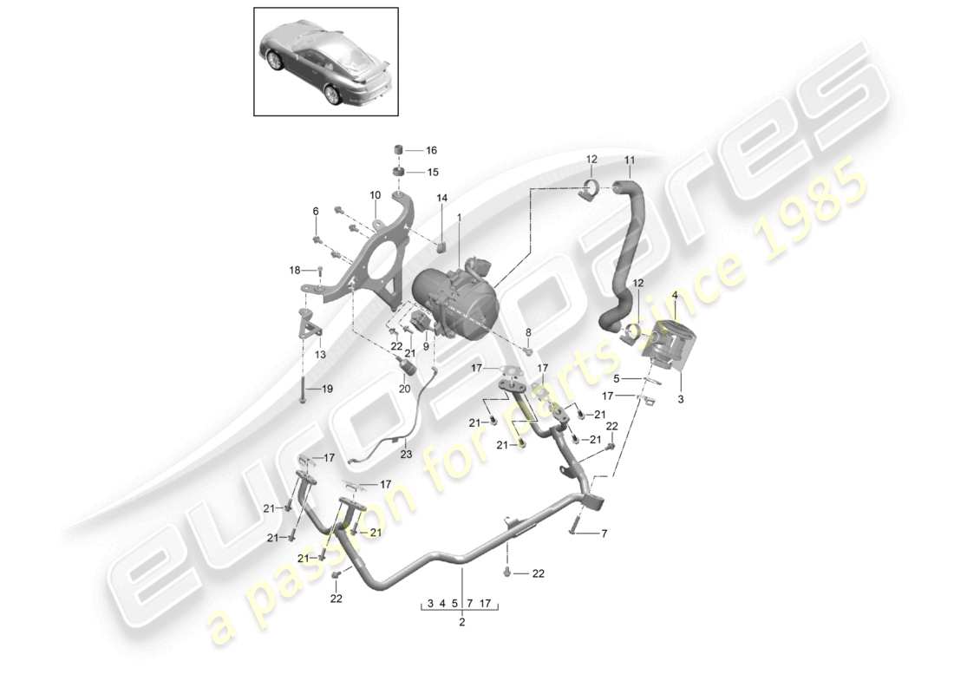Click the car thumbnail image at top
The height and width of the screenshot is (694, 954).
(x=326, y=61)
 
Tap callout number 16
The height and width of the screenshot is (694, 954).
(x=431, y=150)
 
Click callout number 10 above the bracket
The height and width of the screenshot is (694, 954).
(x=376, y=194)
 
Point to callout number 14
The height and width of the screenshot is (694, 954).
(x=441, y=199)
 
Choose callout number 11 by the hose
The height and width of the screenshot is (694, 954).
(x=630, y=160)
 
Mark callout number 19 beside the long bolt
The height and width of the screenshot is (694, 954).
(x=326, y=389)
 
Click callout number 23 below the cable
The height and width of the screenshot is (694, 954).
(x=406, y=453)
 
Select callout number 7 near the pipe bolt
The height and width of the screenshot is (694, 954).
(x=605, y=534)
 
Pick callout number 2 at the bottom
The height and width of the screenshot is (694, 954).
(x=461, y=622)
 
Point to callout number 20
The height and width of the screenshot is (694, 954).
(x=404, y=389)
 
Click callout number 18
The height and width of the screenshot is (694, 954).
(x=295, y=271)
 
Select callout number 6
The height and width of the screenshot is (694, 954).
(x=316, y=211)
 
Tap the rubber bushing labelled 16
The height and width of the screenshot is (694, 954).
(x=401, y=148)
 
